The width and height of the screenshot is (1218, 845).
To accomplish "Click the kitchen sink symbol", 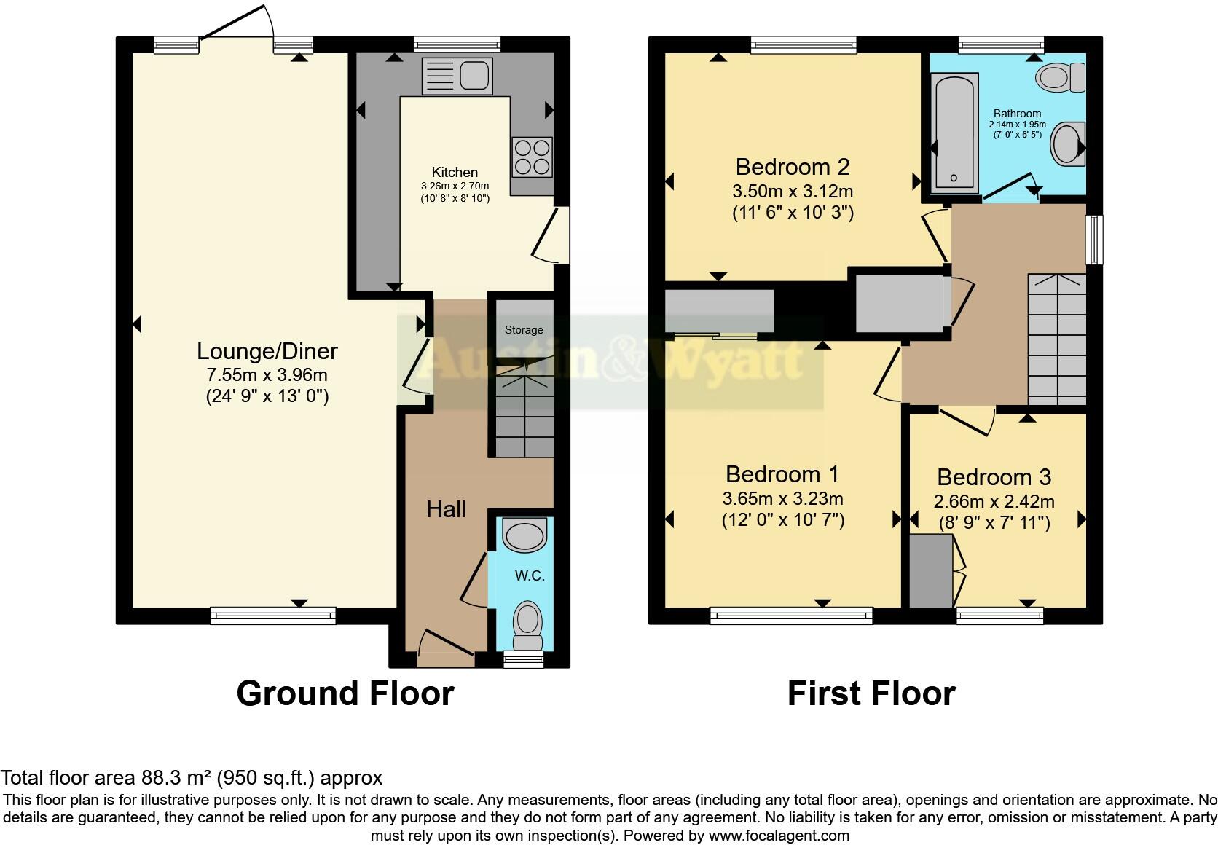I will pos(457,76).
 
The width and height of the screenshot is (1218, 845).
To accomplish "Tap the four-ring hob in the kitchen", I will pos(532,157).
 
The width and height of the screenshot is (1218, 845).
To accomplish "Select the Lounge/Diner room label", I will pos(267,351).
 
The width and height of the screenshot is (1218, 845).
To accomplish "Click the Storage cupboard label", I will pos(524,330).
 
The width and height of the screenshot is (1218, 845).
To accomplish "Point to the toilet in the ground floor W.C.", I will pos(527,626).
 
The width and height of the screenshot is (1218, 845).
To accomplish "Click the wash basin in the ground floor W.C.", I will pos(524,537).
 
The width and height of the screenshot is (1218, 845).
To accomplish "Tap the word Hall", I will pos(446,509).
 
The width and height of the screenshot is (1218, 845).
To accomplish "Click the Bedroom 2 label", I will pos(793,167).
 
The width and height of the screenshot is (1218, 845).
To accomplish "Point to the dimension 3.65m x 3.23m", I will pos(782,499).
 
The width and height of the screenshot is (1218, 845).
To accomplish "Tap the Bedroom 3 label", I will pos(994,477).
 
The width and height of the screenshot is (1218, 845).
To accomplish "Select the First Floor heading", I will pos(871,693).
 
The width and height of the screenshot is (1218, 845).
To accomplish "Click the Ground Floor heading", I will pos(345,693).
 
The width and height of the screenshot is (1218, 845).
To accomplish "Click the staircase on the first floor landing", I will pos(1056,339).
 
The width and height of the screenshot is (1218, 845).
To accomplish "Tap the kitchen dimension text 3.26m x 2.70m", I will pos(455,186).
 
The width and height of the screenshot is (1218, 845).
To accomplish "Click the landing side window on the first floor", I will pos(1093,239).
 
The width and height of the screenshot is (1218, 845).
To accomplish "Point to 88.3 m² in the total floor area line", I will pos(162,777).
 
